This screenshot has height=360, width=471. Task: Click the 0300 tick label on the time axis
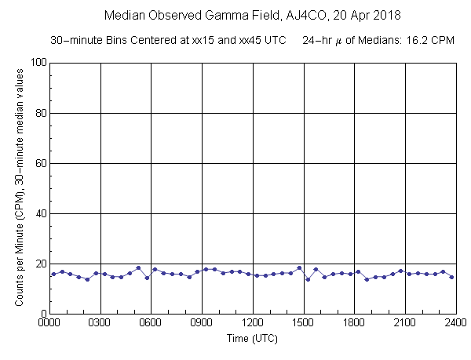coord(100,322)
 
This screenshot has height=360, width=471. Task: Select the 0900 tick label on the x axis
coord(202,322)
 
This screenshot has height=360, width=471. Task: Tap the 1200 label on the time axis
coord(253,322)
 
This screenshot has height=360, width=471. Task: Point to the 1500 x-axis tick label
coord(303,322)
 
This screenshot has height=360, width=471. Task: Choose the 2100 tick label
coord(404,322)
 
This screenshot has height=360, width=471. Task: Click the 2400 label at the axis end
coord(455,322)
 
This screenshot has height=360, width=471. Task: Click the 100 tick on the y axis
coord(37,63)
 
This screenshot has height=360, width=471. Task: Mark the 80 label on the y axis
coord(39,113)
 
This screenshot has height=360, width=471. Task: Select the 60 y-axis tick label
coord(39,163)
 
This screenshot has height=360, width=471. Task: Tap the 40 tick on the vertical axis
coord(39,213)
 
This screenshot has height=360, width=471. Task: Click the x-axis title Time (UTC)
coord(252,339)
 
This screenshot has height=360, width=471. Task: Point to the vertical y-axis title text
coord(17,188)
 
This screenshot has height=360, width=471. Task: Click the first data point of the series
coord(53,274)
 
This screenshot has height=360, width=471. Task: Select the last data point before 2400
coord(451,277)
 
